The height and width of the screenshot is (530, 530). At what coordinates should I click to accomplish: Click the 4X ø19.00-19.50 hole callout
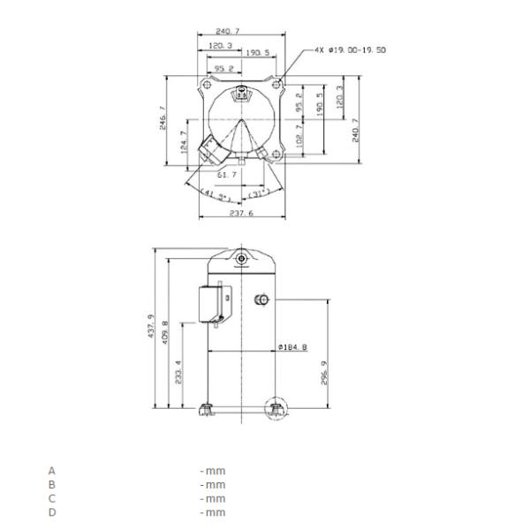[x=350, y=49]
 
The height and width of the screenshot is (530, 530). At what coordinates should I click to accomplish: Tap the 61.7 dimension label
[x=227, y=175]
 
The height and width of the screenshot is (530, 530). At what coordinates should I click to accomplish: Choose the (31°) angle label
[x=259, y=193]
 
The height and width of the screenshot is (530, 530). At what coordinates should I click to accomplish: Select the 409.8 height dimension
[x=165, y=334]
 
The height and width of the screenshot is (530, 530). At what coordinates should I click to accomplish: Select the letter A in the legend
[x=51, y=471]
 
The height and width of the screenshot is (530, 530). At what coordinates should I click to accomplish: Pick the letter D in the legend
[x=51, y=512]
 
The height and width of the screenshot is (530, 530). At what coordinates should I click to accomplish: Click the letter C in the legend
[x=51, y=498]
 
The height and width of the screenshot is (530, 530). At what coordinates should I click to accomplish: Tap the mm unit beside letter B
[x=213, y=485]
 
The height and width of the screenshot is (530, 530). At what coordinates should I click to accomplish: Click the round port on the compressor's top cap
[x=240, y=259]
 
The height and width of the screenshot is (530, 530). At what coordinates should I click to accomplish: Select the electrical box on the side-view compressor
[x=212, y=304]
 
